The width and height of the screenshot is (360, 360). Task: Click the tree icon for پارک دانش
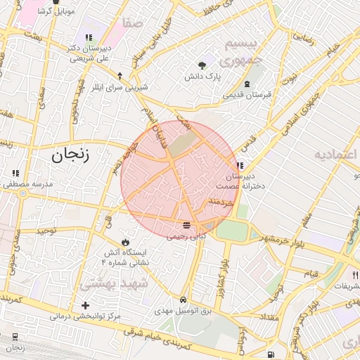pyautogui.click(x=204, y=63)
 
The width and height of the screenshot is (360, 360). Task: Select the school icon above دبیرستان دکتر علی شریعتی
pyautogui.click(x=89, y=38)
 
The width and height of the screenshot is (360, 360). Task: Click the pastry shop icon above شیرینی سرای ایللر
pyautogui.click(x=120, y=75)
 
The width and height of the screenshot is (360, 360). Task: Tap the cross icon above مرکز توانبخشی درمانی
pyautogui.click(x=86, y=305)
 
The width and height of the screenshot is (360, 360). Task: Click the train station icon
pyautogui.click(x=15, y=337)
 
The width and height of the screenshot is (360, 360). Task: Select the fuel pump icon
pyautogui.click(x=271, y=354)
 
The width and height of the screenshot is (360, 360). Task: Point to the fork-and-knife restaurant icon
pyautogui.click(x=355, y=275)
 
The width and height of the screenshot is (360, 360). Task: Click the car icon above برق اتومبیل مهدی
pyautogui.click(x=184, y=299)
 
